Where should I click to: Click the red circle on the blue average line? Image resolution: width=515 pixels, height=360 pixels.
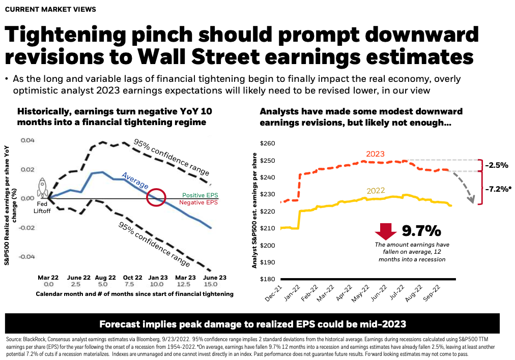click(157, 197)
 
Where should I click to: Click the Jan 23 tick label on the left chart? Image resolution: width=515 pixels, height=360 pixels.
click(158, 278)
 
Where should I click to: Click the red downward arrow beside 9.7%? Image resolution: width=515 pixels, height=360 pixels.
click(386, 232)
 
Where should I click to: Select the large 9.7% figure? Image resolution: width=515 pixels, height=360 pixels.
click(421, 231)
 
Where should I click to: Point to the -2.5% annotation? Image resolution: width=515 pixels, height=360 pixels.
click(496, 165)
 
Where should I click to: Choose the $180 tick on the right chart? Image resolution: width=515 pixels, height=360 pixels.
click(268, 279)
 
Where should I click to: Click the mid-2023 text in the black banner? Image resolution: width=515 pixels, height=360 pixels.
click(385, 324)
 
